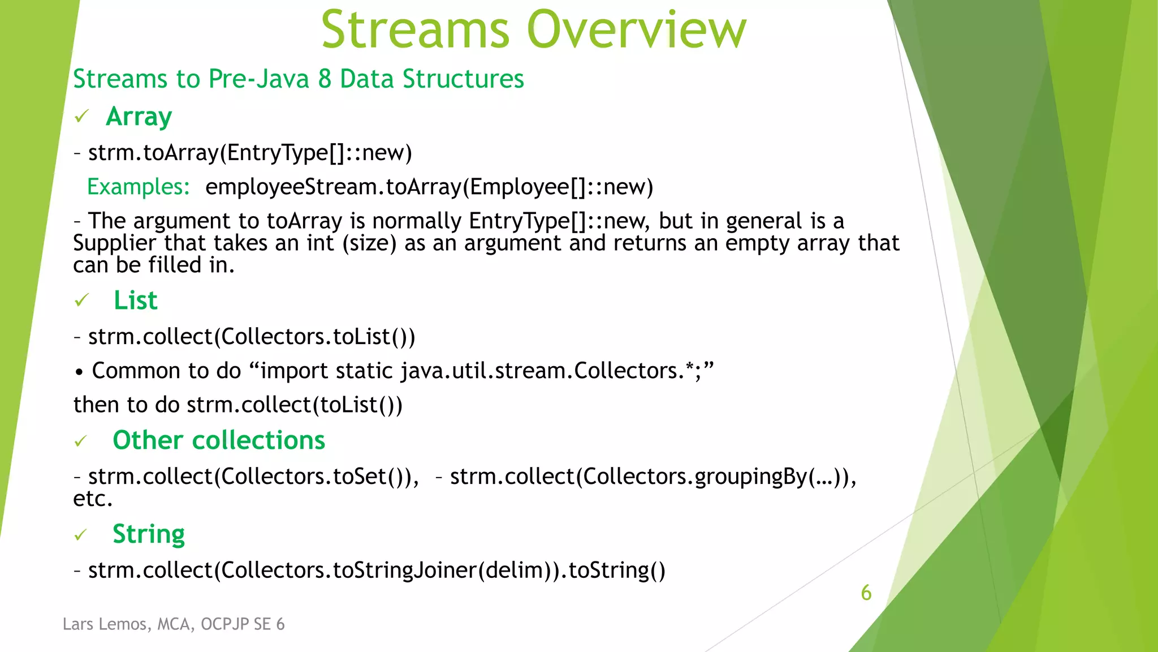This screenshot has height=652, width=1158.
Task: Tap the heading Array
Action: coord(139,117)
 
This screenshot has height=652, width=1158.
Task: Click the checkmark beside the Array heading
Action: coord(82,117)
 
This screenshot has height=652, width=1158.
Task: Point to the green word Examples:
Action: coord(138,187)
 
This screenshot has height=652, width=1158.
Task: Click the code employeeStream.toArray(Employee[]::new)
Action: coord(429,187)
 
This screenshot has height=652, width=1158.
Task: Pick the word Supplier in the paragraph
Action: coord(114,243)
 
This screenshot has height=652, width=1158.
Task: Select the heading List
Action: coord(135,300)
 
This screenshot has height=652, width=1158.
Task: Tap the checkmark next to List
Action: coord(82,300)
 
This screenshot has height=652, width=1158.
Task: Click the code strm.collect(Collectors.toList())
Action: coord(252,337)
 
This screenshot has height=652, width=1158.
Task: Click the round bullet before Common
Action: coord(79,372)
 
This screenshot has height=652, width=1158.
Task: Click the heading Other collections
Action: coord(219,440)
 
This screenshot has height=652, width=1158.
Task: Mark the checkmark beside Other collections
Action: coord(81,441)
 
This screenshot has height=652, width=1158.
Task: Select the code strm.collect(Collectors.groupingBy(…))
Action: coord(653,477)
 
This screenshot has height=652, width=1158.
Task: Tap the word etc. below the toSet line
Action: coord(93,499)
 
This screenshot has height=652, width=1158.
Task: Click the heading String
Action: coord(149,534)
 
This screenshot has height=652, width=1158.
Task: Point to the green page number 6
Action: coord(866,593)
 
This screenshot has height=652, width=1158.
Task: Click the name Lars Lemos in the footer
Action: coord(105,624)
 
